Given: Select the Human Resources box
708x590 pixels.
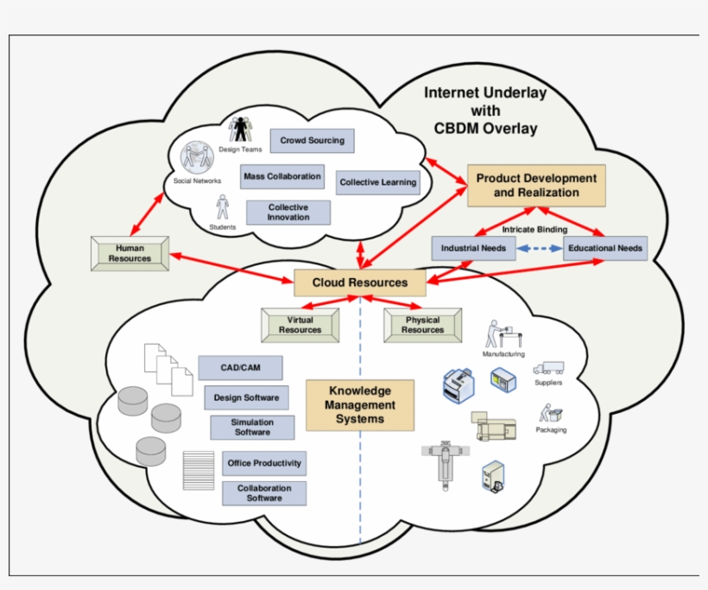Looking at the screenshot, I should pos(129,252).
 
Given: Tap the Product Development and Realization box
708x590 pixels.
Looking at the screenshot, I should pos(536,185).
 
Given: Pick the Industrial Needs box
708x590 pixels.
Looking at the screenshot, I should pos(473,249).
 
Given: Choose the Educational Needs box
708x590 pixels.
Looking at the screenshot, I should pos(604,249).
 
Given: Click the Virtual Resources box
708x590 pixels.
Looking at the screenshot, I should pos(300,325).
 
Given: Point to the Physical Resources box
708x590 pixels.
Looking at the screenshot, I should pos(422,325).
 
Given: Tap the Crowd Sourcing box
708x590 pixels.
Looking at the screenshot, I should pos(312,140).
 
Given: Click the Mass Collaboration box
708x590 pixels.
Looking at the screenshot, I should pos(282,176).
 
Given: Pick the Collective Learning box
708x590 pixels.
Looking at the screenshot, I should pos(377,182).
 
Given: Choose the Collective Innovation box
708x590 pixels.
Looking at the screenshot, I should pos(288,213).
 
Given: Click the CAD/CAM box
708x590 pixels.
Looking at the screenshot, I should pos(240,368).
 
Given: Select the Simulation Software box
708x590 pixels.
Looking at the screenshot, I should pos(252,427).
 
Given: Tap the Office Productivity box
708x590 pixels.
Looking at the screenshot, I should pos(264,463).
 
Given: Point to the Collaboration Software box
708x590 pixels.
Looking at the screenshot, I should pos(264,493).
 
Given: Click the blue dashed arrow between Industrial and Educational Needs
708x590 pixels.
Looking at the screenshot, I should pos(539,249).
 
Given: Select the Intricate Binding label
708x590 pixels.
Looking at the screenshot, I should pos(534,230).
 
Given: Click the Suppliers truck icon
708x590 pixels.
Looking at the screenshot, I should pos(548,367).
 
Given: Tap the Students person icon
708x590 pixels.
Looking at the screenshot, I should pos(222,207).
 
